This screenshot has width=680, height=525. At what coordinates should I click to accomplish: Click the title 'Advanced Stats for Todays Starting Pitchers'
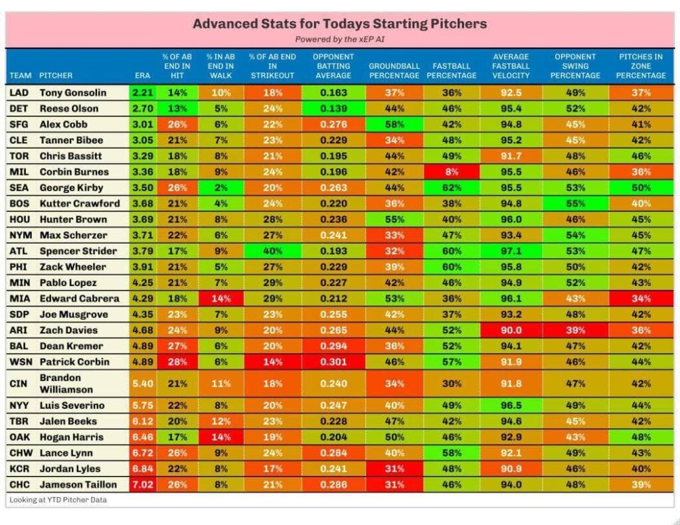tap(339, 24)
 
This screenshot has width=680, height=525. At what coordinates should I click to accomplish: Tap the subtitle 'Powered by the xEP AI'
tap(339, 39)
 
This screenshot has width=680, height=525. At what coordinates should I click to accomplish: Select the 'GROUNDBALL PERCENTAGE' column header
tap(394, 70)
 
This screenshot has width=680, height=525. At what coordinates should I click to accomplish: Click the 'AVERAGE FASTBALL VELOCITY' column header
tap(511, 66)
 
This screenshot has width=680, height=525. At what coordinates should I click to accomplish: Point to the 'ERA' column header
tap(143, 75)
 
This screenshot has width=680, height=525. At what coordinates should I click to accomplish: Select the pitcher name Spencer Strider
tap(78, 251)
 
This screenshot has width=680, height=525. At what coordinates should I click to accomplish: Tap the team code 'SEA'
tap(19, 188)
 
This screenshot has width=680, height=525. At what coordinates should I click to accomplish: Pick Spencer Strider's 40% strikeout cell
tap(272, 251)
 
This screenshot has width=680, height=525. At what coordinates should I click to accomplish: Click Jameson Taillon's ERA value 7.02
tap(143, 485)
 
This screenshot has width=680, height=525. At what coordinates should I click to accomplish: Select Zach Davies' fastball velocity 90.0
tap(511, 330)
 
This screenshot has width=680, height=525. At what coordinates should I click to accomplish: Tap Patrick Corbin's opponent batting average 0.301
tap(333, 362)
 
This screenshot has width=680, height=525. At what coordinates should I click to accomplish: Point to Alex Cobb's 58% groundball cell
tap(394, 125)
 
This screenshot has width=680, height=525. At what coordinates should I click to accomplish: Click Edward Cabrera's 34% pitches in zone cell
tap(641, 298)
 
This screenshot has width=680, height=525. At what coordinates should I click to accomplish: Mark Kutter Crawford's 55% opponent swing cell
tap(575, 204)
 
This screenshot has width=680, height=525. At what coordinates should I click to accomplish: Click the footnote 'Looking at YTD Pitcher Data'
tap(58, 500)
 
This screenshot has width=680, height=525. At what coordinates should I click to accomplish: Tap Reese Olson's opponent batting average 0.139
tap(333, 109)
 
